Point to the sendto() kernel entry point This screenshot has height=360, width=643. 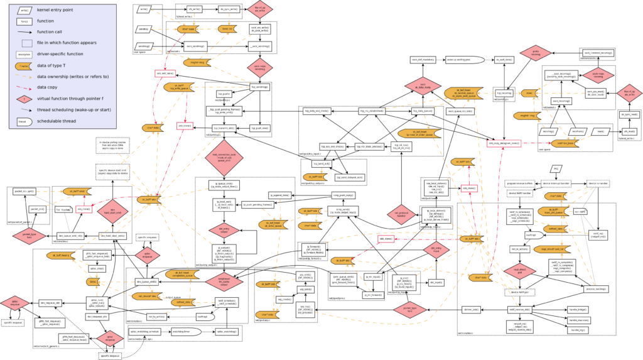144,29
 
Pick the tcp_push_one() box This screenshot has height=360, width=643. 261,128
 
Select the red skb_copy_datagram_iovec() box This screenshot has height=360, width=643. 504,143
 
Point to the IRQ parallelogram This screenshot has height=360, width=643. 556,169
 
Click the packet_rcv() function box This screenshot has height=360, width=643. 37,209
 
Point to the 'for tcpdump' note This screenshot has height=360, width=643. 62,209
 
